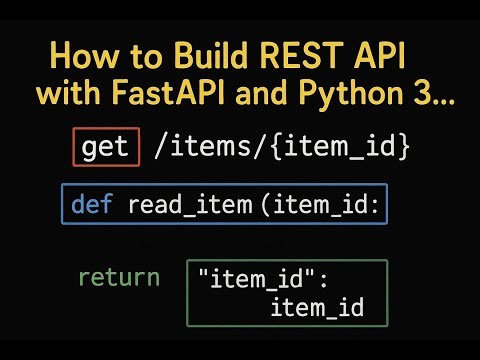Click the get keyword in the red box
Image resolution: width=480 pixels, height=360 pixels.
click(105, 148)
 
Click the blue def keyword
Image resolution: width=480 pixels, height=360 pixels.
click(91, 206)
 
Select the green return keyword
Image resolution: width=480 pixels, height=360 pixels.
click(119, 277)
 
